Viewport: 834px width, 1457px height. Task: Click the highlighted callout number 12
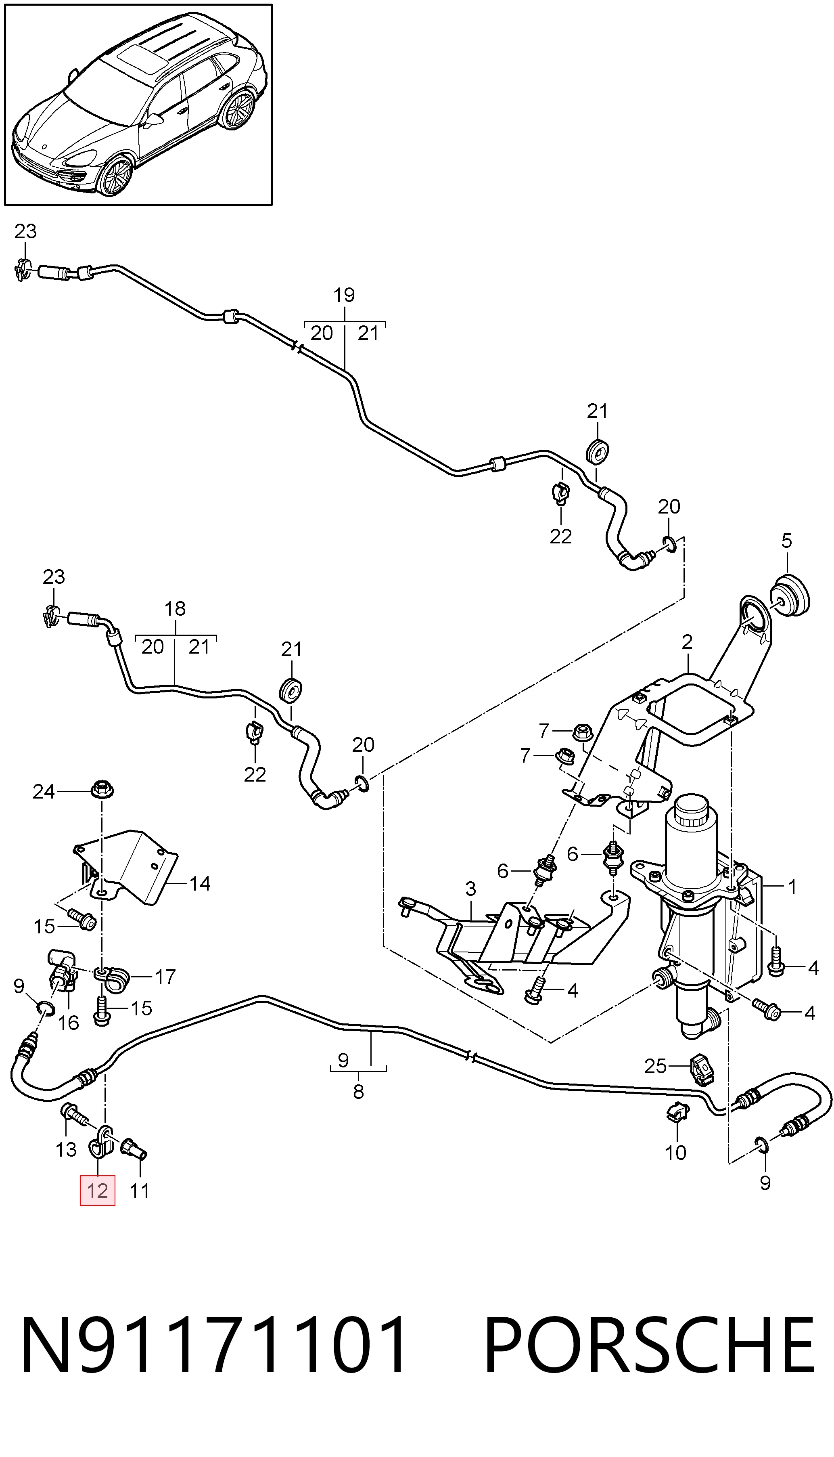97,1191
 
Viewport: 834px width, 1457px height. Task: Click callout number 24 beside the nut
44,792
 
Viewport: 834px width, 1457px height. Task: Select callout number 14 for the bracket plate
200,884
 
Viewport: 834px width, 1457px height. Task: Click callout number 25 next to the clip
656,1066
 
